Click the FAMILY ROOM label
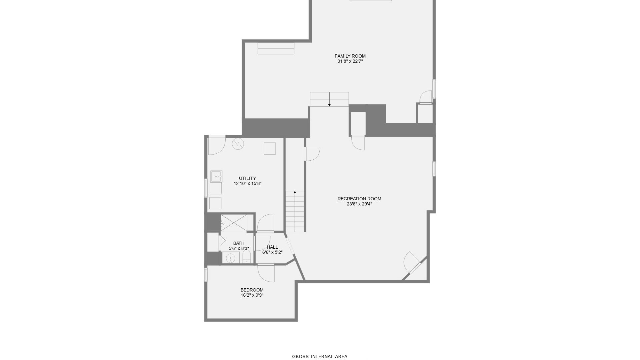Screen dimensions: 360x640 coord(350,56)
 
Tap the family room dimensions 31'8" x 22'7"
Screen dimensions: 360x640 coord(350,61)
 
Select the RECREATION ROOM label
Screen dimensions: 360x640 coord(359,199)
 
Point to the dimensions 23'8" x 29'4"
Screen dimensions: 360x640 coord(359,204)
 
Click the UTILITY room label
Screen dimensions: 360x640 coord(247,178)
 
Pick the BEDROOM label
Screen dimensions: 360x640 coord(252,290)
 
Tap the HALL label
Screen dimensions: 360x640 coord(272,247)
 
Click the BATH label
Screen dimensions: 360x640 coord(239,243)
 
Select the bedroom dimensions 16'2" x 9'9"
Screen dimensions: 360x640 coord(252,295)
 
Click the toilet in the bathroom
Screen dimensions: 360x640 coord(246,257)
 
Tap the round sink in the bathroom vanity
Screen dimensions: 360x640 coord(230,258)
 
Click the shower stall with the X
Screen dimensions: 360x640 coord(234,223)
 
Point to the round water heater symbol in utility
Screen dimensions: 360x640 coord(238,144)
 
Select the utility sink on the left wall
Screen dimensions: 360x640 coord(216,176)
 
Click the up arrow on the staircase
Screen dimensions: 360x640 coord(295,193)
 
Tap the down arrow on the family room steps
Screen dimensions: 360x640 coord(329,105)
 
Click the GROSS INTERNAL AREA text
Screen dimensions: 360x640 coord(320,356)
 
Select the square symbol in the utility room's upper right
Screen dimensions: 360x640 coord(270,149)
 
